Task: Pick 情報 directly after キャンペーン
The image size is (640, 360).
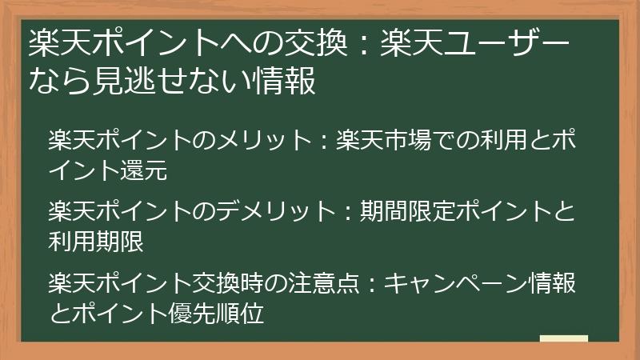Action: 552,282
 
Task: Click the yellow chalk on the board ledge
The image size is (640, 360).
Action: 564,338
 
